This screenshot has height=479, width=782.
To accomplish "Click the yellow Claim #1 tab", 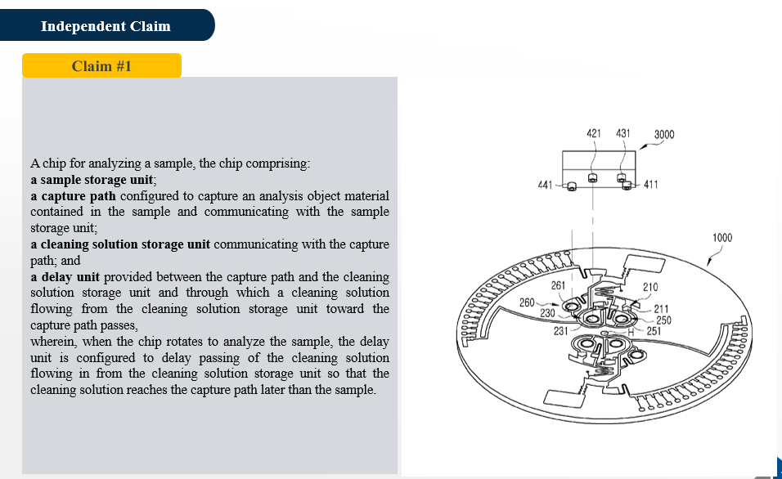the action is [101, 65].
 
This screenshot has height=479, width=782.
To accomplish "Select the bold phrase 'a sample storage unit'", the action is [92, 180].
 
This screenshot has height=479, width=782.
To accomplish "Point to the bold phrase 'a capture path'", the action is [73, 196].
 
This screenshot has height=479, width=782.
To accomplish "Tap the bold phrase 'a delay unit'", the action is [65, 276].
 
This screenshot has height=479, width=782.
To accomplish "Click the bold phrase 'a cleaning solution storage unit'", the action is [120, 244].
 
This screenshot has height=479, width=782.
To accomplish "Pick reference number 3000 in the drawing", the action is [664, 135].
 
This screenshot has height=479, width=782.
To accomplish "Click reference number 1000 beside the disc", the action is [722, 238].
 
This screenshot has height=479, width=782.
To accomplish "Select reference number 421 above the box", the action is [594, 133].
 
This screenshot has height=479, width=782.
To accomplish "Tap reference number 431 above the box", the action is [623, 133].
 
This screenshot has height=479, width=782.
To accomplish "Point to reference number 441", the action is [545, 185].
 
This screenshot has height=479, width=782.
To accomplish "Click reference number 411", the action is [651, 185].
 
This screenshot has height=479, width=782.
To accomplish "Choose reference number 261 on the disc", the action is [558, 285].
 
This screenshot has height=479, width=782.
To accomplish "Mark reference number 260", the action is [527, 302].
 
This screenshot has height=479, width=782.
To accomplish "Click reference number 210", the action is [650, 287].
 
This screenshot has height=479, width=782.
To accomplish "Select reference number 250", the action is [663, 320].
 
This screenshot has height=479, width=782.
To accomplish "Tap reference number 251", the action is [654, 331].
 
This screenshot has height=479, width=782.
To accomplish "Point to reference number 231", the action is [560, 331].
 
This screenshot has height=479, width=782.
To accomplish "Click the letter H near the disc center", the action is [631, 332].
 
